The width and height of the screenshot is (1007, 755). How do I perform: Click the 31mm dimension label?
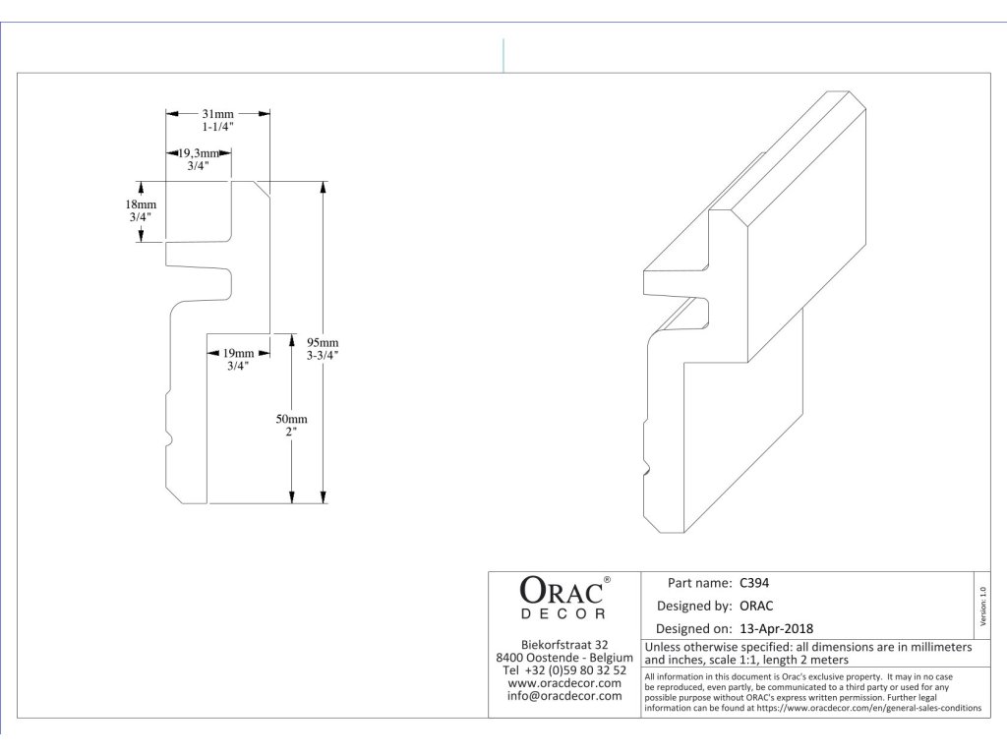pyautogui.click(x=217, y=115)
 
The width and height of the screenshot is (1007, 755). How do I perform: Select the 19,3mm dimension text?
pyautogui.click(x=204, y=152)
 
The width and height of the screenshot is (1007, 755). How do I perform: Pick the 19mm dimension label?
pyautogui.click(x=238, y=353)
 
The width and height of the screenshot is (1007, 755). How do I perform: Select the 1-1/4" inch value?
pyautogui.click(x=217, y=128)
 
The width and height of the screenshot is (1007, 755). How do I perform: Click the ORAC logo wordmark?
pyautogui.click(x=560, y=592)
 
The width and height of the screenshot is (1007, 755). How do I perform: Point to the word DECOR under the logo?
pyautogui.click(x=562, y=614)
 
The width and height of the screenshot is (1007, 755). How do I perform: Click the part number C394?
pyautogui.click(x=755, y=582)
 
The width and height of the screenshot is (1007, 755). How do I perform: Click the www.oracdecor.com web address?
pyautogui.click(x=564, y=683)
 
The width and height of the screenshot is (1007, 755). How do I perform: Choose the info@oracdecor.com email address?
pyautogui.click(x=564, y=696)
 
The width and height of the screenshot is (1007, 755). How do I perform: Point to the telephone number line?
pyautogui.click(x=564, y=670)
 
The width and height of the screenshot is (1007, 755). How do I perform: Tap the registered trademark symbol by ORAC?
pyautogui.click(x=607, y=580)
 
